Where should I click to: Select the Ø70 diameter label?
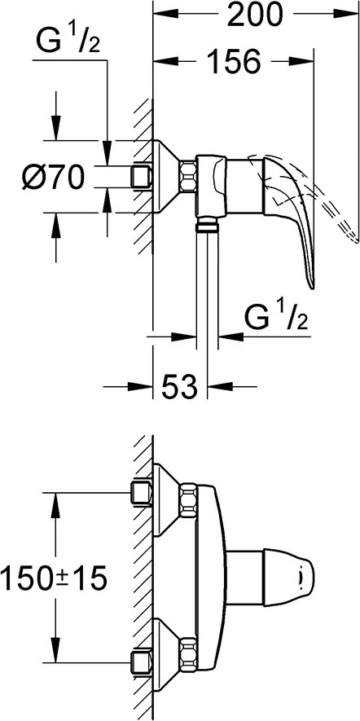click(x=53, y=177)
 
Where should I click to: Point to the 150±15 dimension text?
click(x=54, y=578)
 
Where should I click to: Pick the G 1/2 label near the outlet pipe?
click(x=276, y=317)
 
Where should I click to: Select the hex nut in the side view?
click(x=187, y=176)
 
